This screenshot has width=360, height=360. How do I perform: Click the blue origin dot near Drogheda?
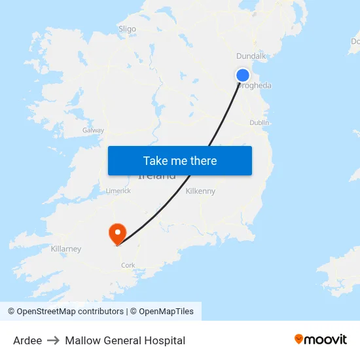[243, 75]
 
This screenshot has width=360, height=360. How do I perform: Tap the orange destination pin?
[118, 233]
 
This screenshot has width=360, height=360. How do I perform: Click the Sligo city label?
[127, 29]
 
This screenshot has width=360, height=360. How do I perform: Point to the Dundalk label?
[251, 56]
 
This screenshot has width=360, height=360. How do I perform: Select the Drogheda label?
[255, 86]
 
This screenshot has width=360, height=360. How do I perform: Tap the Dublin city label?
[259, 122]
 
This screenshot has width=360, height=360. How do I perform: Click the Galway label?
[93, 130]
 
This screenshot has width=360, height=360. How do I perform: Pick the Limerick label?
[118, 191]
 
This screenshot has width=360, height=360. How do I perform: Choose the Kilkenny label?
[200, 191]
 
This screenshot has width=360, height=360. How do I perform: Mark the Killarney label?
[66, 249]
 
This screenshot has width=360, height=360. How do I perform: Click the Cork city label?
[128, 265]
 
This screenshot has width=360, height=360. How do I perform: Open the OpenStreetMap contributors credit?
[65, 312]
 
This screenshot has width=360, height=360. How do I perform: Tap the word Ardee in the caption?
[27, 340]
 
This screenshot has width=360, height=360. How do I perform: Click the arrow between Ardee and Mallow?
[53, 340]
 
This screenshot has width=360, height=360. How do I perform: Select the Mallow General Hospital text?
[125, 340]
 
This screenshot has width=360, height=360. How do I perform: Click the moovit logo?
[321, 339]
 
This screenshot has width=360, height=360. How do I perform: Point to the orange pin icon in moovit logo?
[299, 339]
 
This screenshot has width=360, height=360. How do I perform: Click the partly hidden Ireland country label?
[157, 176]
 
